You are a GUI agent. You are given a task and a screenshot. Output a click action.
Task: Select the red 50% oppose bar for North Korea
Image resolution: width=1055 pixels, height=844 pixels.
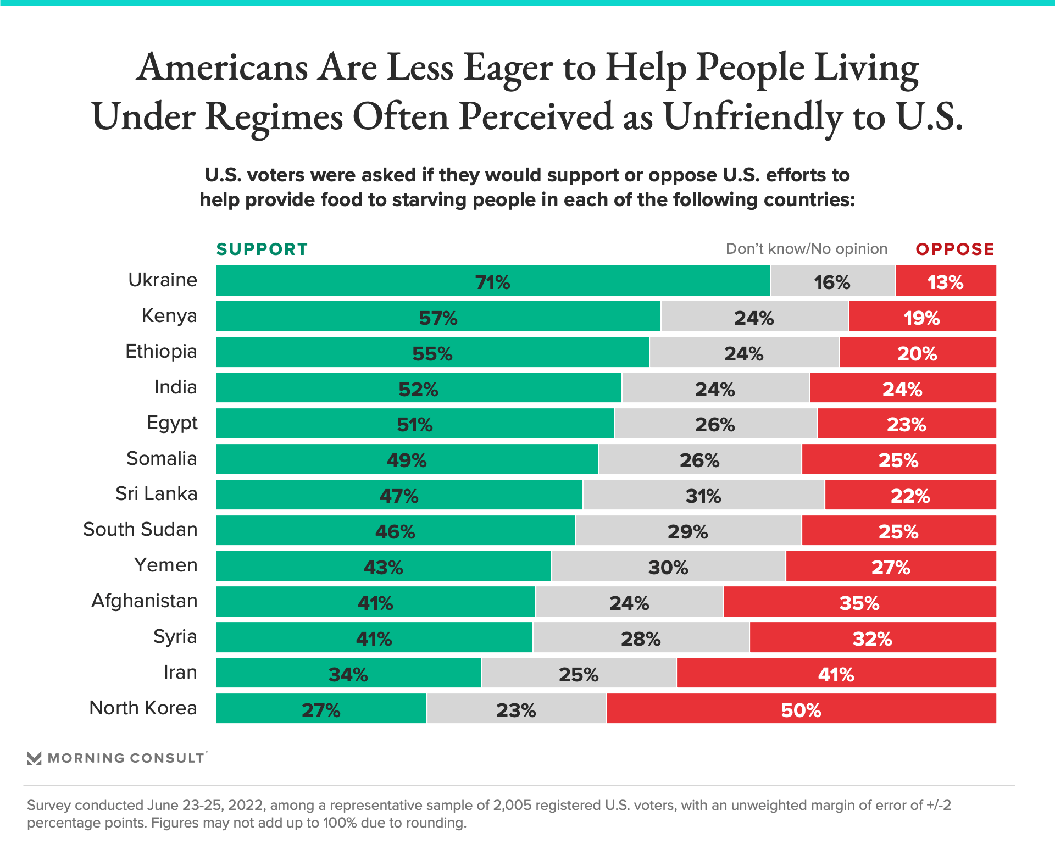click(x=801, y=709)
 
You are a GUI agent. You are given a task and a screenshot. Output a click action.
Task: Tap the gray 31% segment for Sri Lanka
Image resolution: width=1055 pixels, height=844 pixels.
click(x=703, y=495)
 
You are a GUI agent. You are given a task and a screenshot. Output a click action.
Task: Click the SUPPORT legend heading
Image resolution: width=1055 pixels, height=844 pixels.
click(x=262, y=249)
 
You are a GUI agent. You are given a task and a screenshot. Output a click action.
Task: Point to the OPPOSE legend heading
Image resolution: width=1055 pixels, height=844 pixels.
click(x=955, y=249)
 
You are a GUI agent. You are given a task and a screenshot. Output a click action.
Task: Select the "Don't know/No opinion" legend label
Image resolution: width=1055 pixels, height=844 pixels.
click(x=806, y=249)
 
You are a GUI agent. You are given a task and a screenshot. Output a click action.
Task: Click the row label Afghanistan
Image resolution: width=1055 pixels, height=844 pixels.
click(x=145, y=601)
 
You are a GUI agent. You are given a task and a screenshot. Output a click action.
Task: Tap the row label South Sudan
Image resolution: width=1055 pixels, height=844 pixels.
click(x=140, y=530)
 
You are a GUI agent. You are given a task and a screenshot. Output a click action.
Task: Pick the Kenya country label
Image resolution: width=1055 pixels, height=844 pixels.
click(x=169, y=316)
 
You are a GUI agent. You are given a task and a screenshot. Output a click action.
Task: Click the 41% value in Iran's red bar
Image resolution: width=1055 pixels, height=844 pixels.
click(x=836, y=674)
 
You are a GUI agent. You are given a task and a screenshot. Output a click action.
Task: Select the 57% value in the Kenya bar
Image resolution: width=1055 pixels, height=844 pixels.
click(x=438, y=318)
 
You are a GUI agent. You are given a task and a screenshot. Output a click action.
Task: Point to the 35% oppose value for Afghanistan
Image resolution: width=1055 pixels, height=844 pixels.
click(x=859, y=603)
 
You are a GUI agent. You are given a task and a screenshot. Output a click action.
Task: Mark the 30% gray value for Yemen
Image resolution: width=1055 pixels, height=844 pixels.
click(x=668, y=567)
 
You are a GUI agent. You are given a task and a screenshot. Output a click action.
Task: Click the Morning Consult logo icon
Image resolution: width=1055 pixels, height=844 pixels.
click(x=34, y=758)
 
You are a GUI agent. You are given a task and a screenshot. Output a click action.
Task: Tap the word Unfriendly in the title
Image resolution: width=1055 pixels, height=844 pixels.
click(x=752, y=117)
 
